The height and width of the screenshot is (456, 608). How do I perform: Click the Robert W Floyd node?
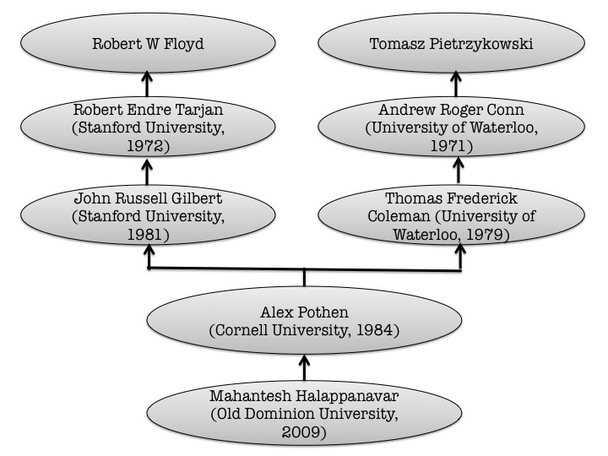(148, 43)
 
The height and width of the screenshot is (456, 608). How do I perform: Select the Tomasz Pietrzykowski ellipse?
(451, 43)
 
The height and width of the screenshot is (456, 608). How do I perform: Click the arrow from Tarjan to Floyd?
(147, 84)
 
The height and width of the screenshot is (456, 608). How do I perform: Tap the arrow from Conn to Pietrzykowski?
(456, 84)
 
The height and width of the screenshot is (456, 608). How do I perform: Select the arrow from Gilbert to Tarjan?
(147, 171)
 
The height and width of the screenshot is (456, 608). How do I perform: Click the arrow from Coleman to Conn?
(459, 170)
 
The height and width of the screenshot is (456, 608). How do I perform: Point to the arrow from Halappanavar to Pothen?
(304, 367)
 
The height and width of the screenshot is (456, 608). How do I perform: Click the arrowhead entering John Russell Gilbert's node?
(149, 249)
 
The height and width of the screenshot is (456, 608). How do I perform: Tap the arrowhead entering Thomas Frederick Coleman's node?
(460, 249)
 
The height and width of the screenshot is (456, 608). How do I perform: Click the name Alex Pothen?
(304, 312)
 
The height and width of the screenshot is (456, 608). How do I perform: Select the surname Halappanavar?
(347, 396)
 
